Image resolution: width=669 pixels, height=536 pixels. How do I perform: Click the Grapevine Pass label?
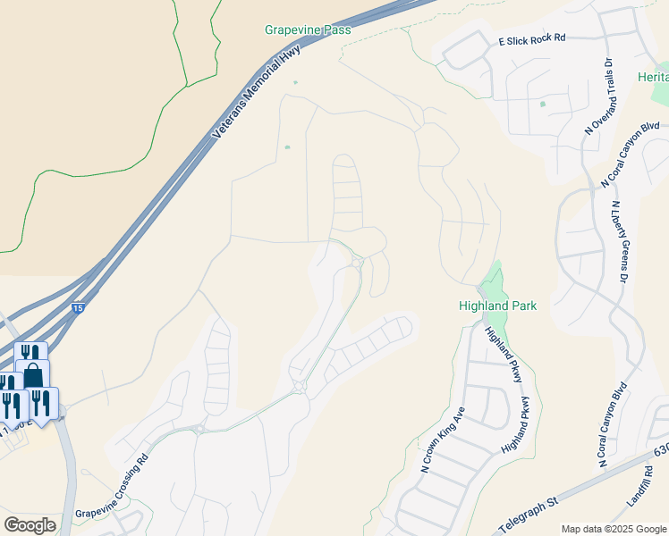(x=308, y=29)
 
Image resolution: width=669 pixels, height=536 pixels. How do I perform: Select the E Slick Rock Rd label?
(x=533, y=38)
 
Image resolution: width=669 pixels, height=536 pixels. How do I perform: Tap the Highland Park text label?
(x=499, y=306)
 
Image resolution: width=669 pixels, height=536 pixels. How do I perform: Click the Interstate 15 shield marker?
(x=79, y=307)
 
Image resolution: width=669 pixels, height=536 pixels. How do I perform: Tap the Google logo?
(x=30, y=525)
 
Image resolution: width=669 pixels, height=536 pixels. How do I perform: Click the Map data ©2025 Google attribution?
(x=614, y=529)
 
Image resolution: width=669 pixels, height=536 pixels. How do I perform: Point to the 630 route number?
(x=662, y=453)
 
